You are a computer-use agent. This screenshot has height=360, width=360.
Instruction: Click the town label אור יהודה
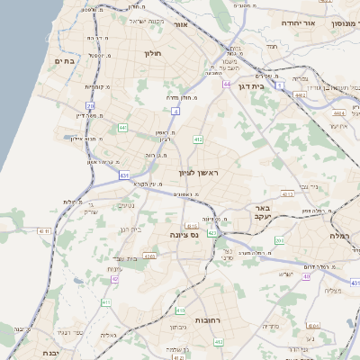coord(301,22)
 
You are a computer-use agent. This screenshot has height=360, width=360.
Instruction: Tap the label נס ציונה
coord(184,234)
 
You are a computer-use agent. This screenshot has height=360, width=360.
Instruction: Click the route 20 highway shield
coord(91,105)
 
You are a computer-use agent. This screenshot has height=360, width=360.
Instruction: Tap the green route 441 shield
coord(122,128)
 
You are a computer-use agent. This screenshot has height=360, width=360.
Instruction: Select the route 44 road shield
coord(227,83)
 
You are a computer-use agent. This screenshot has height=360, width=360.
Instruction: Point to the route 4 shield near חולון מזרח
coord(175,111)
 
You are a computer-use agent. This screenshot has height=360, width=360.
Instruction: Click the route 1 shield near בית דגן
coord(281,84)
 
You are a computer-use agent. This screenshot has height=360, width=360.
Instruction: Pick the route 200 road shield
coord(279,240)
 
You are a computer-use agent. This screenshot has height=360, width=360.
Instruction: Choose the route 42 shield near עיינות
coord(114,279)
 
